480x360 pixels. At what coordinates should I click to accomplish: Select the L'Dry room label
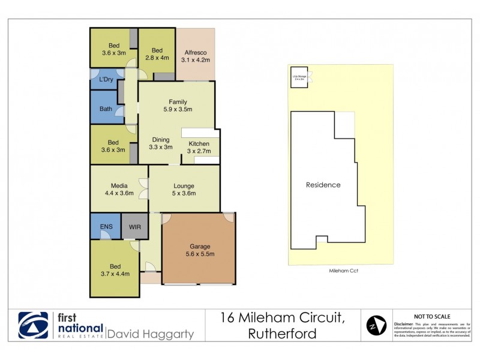pyautogui.click(x=107, y=79)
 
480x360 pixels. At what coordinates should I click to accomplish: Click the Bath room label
pyautogui.click(x=106, y=109)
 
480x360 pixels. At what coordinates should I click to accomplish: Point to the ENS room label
pyautogui.click(x=105, y=227)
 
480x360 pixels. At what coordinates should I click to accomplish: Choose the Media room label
pyautogui.click(x=118, y=185)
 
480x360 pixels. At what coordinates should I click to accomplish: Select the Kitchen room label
pyautogui.click(x=199, y=143)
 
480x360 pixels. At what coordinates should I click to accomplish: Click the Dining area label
pyautogui.click(x=160, y=139)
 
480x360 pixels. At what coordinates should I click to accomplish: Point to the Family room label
pyautogui.click(x=178, y=101)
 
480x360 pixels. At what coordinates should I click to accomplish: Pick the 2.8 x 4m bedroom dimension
pyautogui.click(x=157, y=58)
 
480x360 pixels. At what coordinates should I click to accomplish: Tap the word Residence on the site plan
pyautogui.click(x=323, y=185)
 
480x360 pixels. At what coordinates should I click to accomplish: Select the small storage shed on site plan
pyautogui.click(x=299, y=77)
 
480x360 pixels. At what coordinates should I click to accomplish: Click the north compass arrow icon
pyautogui.click(x=376, y=326)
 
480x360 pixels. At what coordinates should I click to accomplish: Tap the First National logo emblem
pyautogui.click(x=33, y=326)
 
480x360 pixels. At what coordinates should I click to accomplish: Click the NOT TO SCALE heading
pyautogui.click(x=433, y=316)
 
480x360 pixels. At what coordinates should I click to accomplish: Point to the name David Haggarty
pyautogui.click(x=150, y=333)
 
